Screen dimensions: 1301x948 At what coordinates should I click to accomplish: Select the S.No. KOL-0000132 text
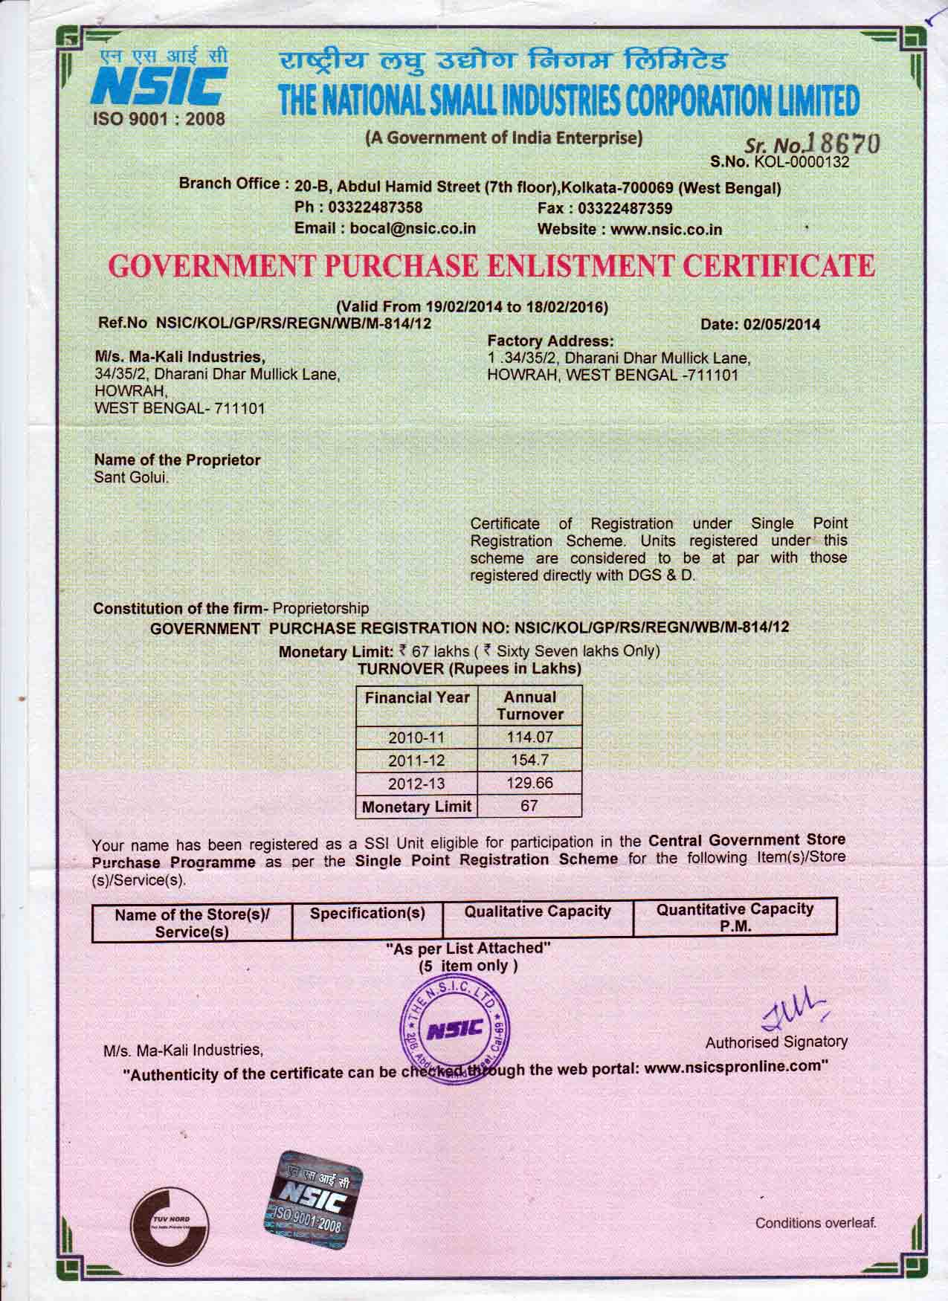pos(779,161)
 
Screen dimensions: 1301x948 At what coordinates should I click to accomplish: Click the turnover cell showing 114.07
pos(529,738)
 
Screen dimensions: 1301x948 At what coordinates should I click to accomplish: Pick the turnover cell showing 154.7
pos(529,761)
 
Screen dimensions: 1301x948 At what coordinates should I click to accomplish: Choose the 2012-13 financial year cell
pos(416,784)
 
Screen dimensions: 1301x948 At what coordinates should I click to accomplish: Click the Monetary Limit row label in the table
pos(416,807)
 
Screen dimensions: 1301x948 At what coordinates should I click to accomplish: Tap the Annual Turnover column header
pos(529,706)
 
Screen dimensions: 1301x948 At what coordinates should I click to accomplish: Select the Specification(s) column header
pos(367,912)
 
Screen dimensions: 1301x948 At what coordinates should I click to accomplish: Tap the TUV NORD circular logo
pos(170,1224)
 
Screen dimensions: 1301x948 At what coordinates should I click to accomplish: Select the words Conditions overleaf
pos(816,1222)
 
